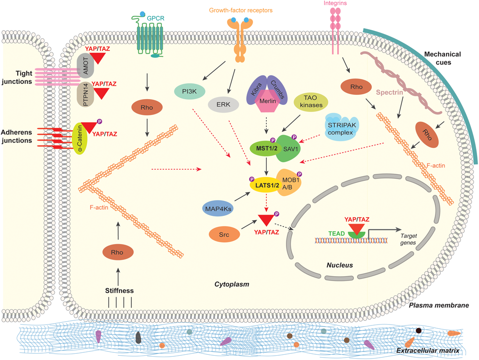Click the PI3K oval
tap(189, 91)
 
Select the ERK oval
tap(223, 104)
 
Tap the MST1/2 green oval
tap(266, 149)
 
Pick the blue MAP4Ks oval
tap(218, 209)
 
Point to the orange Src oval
tap(224, 235)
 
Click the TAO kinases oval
tap(311, 101)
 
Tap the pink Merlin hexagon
tap(268, 101)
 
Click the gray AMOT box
tap(85, 66)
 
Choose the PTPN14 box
tap(85, 94)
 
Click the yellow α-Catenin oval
tap(80, 138)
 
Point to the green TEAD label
tap(336, 234)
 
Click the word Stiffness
tap(119, 291)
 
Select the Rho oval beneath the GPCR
tap(147, 108)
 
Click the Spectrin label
tap(389, 92)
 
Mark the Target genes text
tap(409, 239)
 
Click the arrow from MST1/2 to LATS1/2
tap(266, 166)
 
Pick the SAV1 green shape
tap(289, 149)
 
